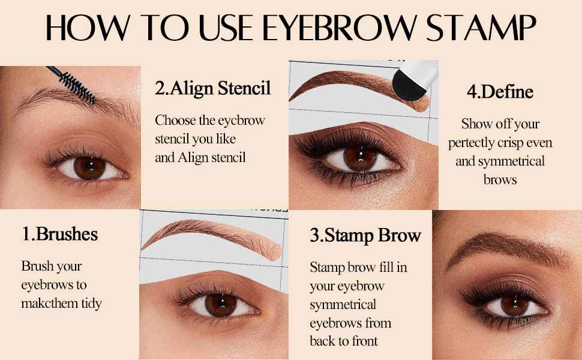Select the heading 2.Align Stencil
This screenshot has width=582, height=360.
(213, 89)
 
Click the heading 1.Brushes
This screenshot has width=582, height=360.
(60, 233)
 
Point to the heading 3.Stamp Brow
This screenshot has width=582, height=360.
(365, 235)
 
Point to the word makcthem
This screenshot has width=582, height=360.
(61, 303)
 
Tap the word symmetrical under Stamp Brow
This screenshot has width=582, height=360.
(343, 304)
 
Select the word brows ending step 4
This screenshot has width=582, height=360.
(500, 179)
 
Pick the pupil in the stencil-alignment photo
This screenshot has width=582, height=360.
(214, 303)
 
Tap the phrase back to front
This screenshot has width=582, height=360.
(344, 341)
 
